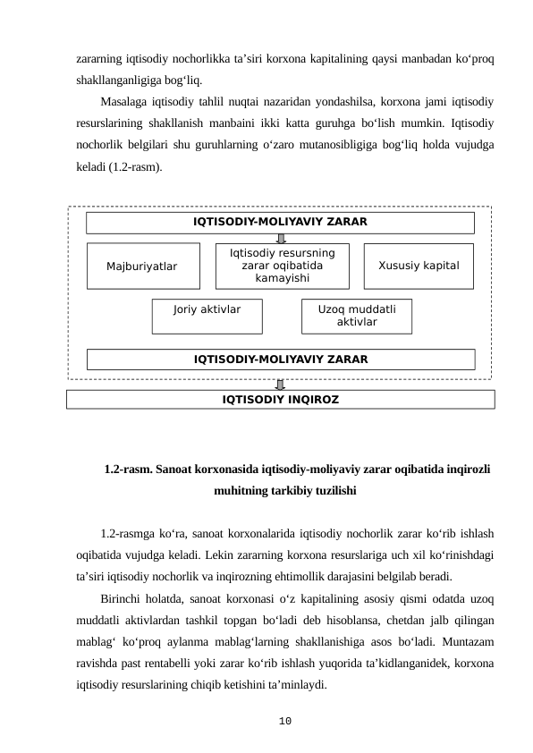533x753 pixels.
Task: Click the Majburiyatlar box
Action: pyautogui.click(x=142, y=267)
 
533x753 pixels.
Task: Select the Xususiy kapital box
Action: pyautogui.click(x=419, y=267)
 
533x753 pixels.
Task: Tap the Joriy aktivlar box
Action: pyautogui.click(x=207, y=315)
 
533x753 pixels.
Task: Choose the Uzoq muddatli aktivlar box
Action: pyautogui.click(x=357, y=315)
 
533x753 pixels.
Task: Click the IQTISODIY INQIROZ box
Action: pyautogui.click(x=280, y=399)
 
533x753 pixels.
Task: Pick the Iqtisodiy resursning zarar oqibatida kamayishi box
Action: pyautogui.click(x=283, y=267)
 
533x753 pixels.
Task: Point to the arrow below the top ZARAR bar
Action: pyautogui.click(x=282, y=238)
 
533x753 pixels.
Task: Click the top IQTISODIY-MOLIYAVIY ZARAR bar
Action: pyautogui.click(x=280, y=223)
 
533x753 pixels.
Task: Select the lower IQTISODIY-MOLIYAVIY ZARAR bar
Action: pyautogui.click(x=281, y=360)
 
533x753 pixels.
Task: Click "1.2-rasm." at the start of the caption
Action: pyautogui.click(x=126, y=469)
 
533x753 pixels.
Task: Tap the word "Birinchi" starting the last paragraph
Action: pyautogui.click(x=123, y=598)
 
